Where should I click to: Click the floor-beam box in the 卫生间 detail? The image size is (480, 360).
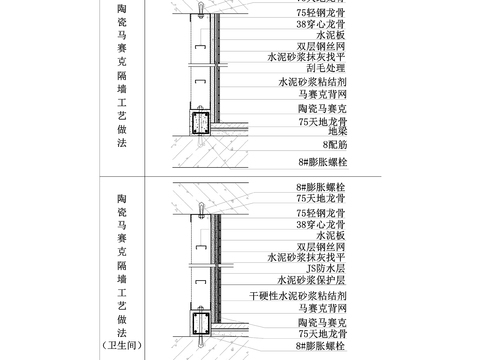pyautogui.click(x=196, y=324)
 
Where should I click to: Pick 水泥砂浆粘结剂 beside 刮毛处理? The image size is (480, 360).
pyautogui.click(x=312, y=83)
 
